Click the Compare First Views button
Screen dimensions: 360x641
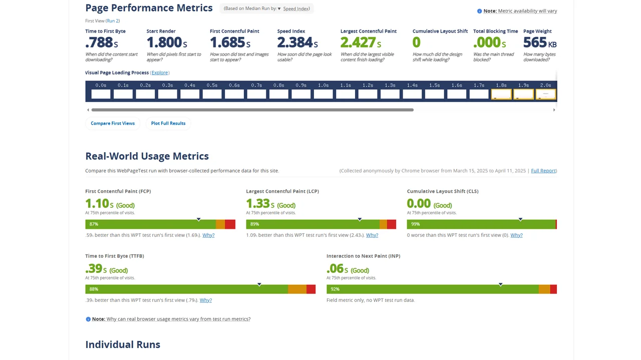(x=113, y=123)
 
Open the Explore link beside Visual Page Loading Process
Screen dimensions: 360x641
(x=160, y=73)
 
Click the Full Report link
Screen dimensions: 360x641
(x=543, y=171)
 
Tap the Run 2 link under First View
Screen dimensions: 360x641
(x=113, y=21)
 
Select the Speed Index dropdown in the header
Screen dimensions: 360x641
(x=294, y=9)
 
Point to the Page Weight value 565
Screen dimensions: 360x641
(x=536, y=43)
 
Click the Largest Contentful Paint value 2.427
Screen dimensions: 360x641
(x=358, y=43)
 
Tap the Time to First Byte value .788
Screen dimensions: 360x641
(x=99, y=43)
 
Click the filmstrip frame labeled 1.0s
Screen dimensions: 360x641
(x=324, y=94)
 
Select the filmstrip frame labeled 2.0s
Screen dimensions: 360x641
(x=546, y=94)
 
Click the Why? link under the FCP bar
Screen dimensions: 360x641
(x=208, y=235)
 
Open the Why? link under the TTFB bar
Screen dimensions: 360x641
(x=206, y=300)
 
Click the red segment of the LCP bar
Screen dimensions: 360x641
(x=392, y=224)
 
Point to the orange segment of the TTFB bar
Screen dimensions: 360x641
(x=297, y=289)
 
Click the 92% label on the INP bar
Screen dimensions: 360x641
(x=335, y=289)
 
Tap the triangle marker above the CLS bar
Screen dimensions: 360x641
(x=520, y=219)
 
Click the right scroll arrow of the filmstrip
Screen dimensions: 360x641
(x=554, y=110)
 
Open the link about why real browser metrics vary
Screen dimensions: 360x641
(x=178, y=319)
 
